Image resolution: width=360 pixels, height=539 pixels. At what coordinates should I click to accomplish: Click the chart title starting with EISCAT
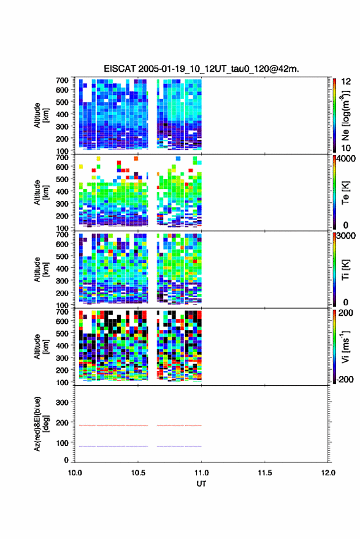(x=201, y=69)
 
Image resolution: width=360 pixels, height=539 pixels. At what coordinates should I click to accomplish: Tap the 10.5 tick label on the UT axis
(x=138, y=473)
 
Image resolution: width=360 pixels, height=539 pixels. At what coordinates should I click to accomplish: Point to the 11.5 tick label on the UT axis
(x=264, y=473)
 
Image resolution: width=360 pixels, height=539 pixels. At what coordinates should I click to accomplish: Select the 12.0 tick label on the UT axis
(x=328, y=473)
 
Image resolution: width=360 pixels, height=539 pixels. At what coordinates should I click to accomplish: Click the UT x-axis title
(x=201, y=484)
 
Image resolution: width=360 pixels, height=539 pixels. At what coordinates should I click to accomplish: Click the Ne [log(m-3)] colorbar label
(x=345, y=115)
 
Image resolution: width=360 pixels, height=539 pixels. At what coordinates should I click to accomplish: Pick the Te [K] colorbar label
(x=345, y=193)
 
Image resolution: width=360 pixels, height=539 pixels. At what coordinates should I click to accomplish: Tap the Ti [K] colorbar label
(x=345, y=270)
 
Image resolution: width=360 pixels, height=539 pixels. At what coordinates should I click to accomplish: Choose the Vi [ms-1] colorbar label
(x=345, y=346)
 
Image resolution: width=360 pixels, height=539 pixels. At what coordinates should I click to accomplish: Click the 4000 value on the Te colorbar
(x=346, y=159)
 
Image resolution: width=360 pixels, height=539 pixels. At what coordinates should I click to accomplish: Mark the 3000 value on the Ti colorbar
(x=346, y=236)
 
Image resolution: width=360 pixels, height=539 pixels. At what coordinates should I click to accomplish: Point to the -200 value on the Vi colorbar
(x=343, y=379)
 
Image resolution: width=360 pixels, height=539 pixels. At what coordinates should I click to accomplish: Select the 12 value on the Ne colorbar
(x=346, y=82)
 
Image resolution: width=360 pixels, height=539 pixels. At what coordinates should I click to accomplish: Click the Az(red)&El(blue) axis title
(x=42, y=424)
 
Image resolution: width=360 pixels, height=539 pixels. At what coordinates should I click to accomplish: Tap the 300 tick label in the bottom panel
(x=62, y=402)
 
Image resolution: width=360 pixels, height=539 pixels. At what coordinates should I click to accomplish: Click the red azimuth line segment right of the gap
(x=179, y=426)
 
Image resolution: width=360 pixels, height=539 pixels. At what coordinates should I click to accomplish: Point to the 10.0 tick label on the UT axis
(x=75, y=473)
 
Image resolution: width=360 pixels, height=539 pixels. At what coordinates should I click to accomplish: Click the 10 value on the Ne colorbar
(x=346, y=148)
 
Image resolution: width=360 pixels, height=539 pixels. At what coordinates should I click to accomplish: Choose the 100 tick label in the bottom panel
(x=62, y=443)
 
